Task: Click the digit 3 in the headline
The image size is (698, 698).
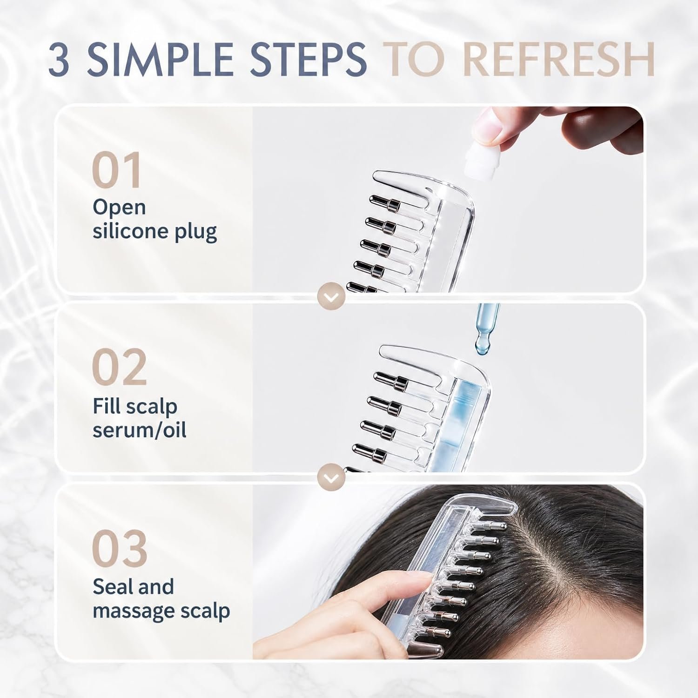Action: coord(60,59)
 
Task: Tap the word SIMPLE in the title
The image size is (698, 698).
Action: coord(160,59)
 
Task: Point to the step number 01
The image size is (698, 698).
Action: coord(116,170)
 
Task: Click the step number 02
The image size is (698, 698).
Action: coord(119,367)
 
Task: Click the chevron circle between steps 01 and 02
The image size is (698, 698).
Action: coord(331,296)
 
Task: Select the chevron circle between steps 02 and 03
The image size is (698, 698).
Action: coord(331,477)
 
